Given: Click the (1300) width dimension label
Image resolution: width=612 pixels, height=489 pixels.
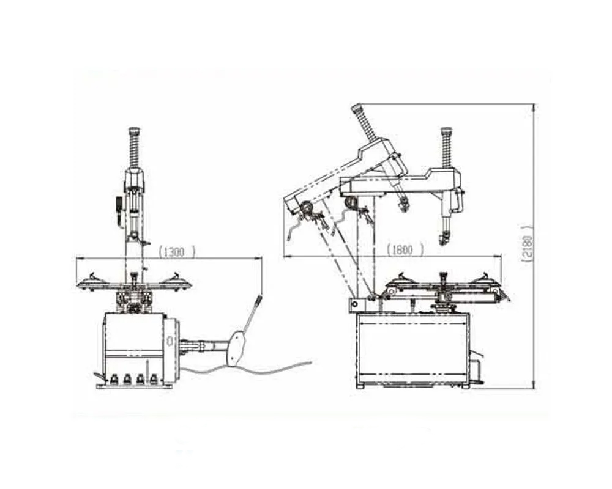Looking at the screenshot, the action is pyautogui.click(x=176, y=252).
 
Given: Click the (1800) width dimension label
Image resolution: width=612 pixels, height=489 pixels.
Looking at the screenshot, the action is pyautogui.click(x=405, y=249).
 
